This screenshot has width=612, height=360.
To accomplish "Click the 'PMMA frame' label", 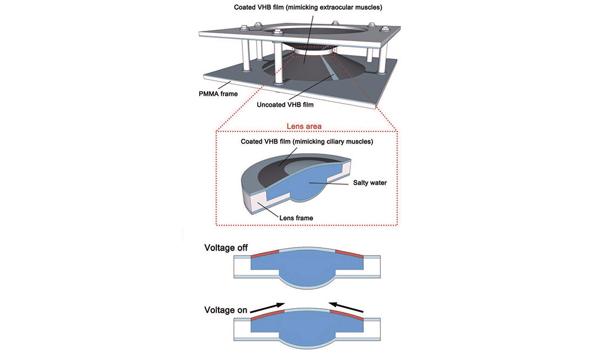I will point(218,93).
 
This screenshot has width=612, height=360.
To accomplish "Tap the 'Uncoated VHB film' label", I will point(285,105).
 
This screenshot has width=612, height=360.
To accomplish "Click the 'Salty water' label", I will point(370,183).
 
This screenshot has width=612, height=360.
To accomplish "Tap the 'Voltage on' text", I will point(226,310).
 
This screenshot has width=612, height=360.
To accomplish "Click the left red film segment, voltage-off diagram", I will point(264,253).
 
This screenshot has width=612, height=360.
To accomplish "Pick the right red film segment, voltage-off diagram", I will point(350,253).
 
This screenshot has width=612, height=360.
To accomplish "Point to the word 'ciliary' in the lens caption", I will point(331,141).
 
